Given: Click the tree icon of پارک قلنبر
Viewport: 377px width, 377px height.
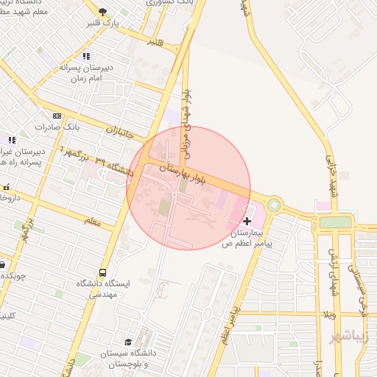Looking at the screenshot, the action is tap(102, 12).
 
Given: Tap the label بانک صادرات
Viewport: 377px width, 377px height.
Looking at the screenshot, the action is tap(82, 127).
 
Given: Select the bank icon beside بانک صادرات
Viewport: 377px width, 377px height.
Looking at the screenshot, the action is tap(57, 116).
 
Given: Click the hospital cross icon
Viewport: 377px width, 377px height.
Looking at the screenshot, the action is tap(247, 221).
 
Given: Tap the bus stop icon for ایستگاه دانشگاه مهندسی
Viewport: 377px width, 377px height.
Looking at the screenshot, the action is tap(102, 272).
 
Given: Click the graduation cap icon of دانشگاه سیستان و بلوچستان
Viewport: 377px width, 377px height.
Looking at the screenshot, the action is tap(128, 342).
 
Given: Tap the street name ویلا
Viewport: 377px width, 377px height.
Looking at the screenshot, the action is tap(327, 315).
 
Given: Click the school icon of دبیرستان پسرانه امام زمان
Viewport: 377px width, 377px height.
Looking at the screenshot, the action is tap(86, 56).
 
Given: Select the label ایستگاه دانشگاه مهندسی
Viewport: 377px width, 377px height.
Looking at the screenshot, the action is tap(103, 288).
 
